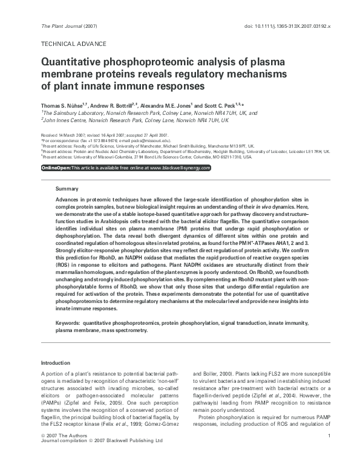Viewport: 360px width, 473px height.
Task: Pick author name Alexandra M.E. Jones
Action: [x=171, y=105]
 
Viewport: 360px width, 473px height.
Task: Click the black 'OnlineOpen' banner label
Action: [x=56, y=168]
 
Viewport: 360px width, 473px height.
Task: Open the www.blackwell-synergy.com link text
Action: [x=180, y=168]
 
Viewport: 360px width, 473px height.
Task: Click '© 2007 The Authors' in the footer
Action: [x=62, y=453]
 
